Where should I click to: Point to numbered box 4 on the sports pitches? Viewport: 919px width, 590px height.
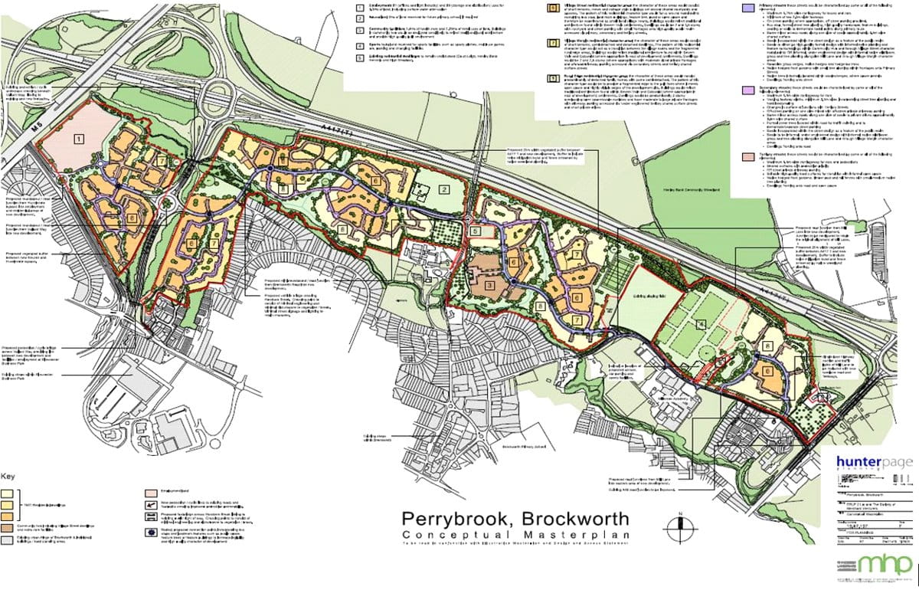(x=700, y=323)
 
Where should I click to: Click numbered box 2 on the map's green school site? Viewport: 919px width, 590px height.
(x=442, y=189)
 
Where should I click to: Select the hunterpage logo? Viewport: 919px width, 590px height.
(x=875, y=464)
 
